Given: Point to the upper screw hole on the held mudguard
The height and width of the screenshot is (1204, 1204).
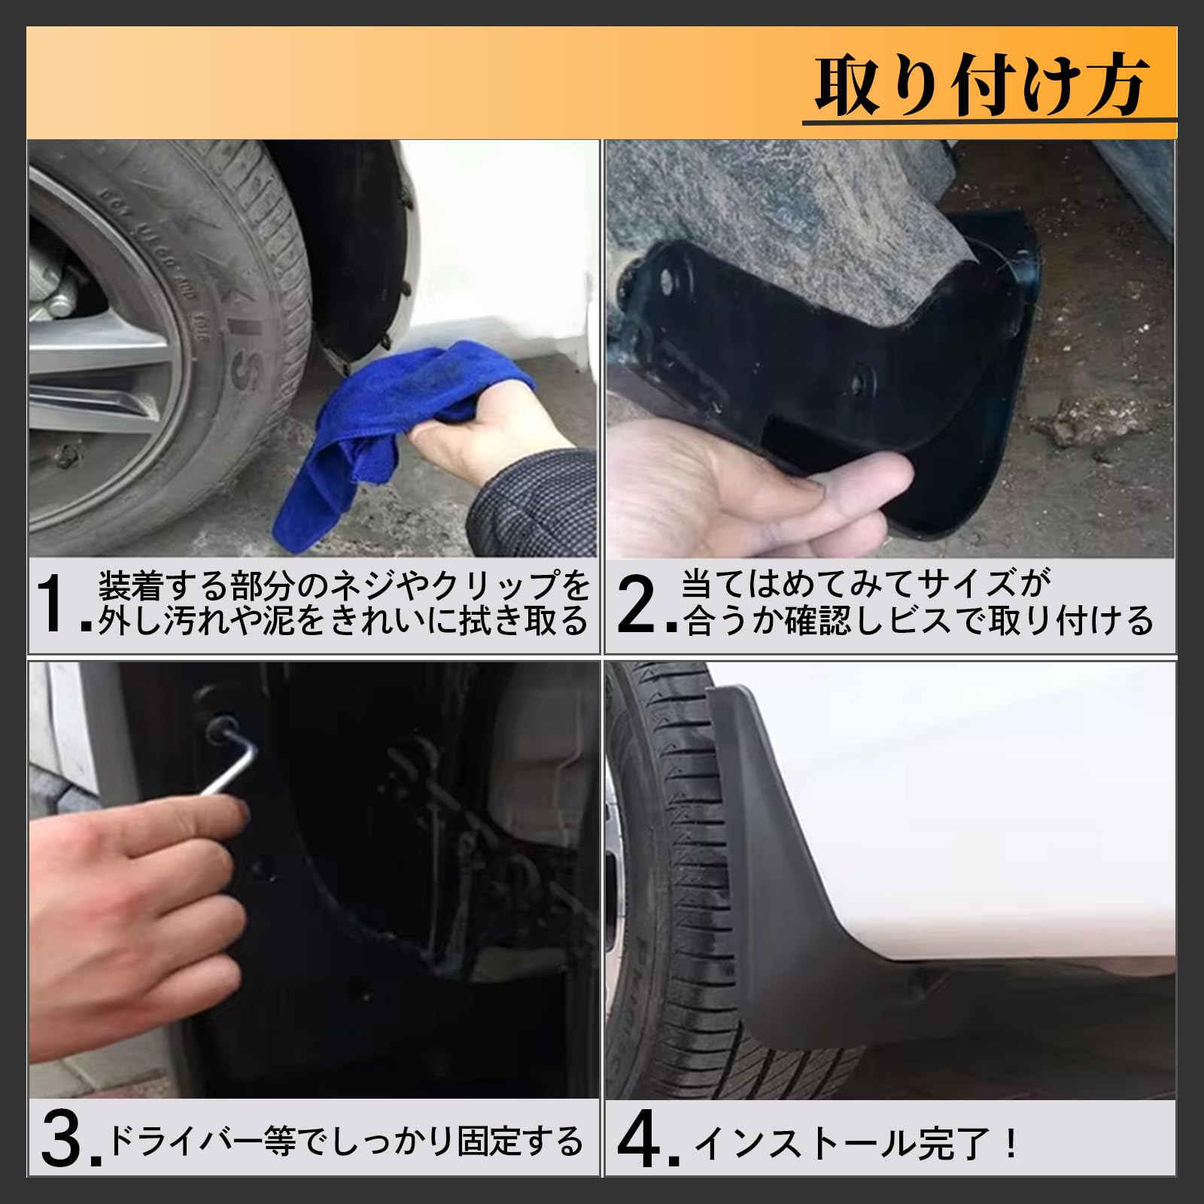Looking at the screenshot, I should click(x=666, y=284).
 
